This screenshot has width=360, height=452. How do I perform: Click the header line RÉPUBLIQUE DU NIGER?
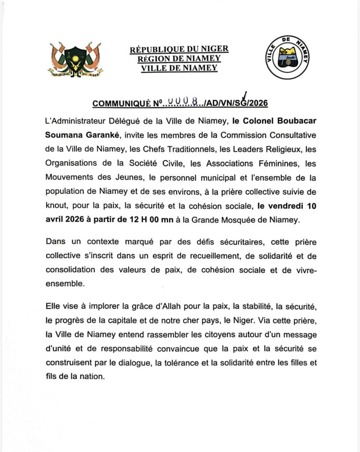tap(179, 49)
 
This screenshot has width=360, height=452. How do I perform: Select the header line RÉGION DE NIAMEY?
tap(179, 59)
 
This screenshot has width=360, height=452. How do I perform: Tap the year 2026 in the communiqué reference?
tap(258, 104)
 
